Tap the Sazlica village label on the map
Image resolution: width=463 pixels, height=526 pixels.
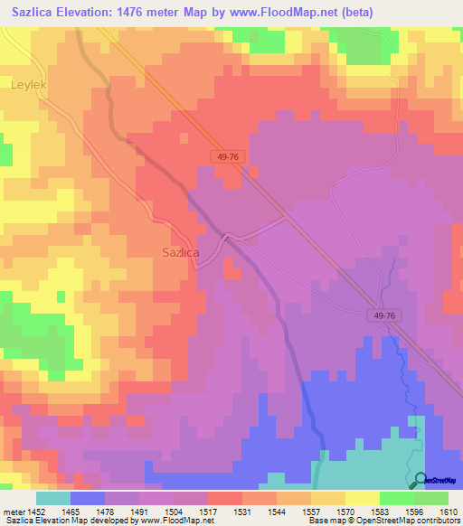[180, 252]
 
